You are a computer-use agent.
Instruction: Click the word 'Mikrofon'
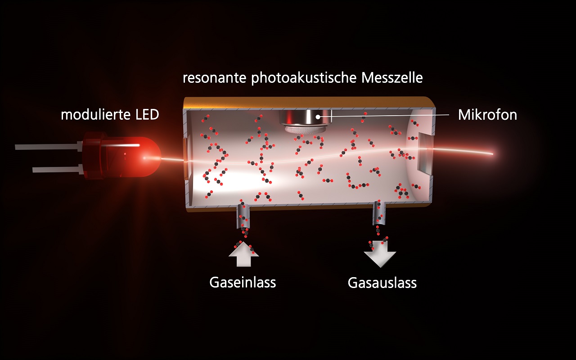click(487, 115)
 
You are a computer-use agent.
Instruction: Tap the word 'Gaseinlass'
click(243, 282)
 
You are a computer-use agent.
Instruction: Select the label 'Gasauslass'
click(382, 283)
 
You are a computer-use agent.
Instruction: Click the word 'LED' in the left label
click(147, 114)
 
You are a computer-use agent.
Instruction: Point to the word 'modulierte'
click(96, 114)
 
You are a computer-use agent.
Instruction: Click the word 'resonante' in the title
click(215, 78)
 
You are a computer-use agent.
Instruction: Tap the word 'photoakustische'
click(304, 78)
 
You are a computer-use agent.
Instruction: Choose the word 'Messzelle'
click(392, 78)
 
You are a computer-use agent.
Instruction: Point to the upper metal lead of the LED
click(49, 146)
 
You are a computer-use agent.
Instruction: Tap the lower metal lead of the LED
click(58, 169)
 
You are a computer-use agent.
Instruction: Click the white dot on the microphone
click(318, 117)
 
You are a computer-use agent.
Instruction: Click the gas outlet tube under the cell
click(379, 213)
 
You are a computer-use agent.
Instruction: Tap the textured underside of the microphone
click(305, 129)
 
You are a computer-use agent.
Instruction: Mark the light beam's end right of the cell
click(493, 154)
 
